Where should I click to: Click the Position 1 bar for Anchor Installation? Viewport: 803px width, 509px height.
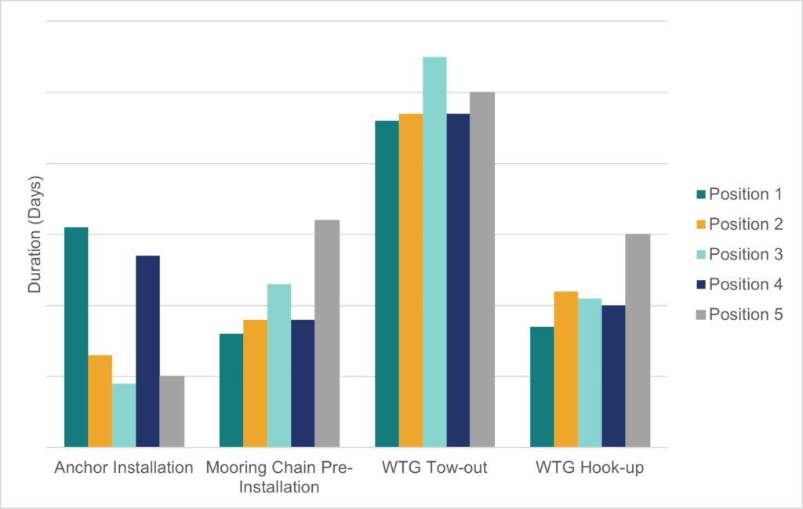pos(76,337)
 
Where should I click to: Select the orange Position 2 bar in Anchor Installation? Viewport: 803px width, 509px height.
pos(100,401)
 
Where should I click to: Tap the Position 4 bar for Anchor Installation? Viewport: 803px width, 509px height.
pos(147,351)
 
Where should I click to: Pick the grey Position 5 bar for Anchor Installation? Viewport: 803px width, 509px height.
pos(172,412)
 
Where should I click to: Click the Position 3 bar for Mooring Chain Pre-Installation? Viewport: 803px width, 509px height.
pos(278,365)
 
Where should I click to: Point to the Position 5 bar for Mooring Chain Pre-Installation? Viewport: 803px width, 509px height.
pos(327,333)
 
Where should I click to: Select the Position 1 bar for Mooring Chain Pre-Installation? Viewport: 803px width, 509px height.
pos(231,391)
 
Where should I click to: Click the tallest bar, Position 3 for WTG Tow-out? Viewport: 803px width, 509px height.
pos(434,252)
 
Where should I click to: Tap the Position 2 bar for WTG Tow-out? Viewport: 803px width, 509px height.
pos(410,280)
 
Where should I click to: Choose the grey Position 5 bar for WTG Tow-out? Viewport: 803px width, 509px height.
pos(482,269)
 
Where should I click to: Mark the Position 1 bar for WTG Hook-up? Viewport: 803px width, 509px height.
pos(542,387)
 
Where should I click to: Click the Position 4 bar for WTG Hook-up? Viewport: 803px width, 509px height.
pos(613,376)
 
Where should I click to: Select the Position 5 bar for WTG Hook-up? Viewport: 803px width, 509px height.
pos(638,340)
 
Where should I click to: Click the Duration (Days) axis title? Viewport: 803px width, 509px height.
pos(35,235)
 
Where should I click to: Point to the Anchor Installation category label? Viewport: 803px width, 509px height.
pos(124,468)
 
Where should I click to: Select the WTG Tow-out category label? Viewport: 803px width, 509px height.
pos(434,468)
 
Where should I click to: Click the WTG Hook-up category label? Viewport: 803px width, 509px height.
pos(590,468)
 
